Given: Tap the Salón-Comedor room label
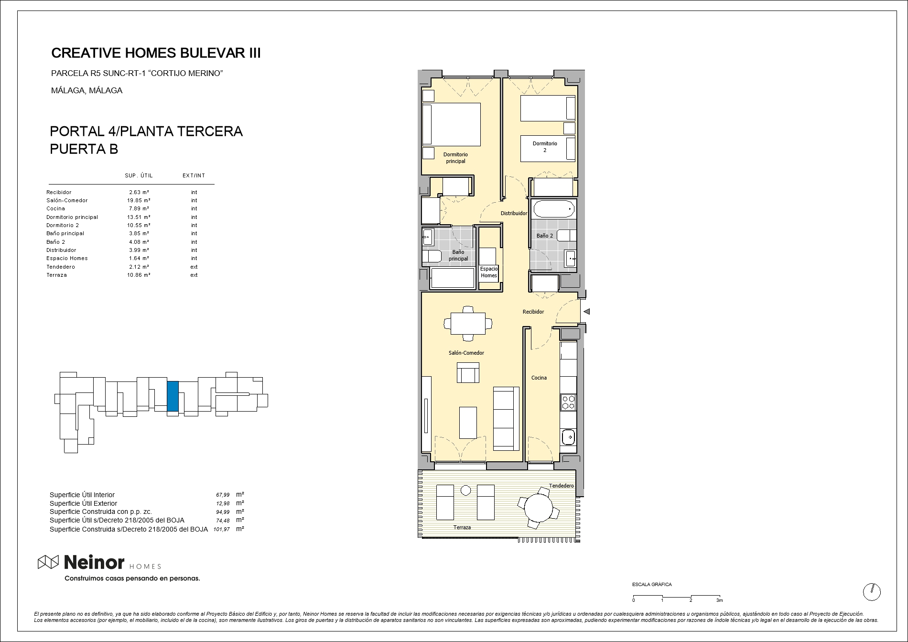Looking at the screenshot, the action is [x=466, y=353].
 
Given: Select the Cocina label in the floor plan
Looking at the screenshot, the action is [x=539, y=378].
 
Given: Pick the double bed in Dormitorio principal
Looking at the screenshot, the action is [x=451, y=124].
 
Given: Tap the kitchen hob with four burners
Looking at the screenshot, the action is [x=568, y=402].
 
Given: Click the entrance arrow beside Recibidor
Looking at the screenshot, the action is [x=587, y=312].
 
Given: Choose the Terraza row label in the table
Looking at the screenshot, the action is [x=56, y=275].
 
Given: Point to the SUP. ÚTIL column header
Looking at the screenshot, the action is [x=139, y=175].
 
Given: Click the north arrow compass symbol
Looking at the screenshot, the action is [x=872, y=592].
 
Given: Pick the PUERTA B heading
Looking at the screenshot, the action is [x=84, y=149].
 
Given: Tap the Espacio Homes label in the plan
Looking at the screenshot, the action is [x=489, y=272].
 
